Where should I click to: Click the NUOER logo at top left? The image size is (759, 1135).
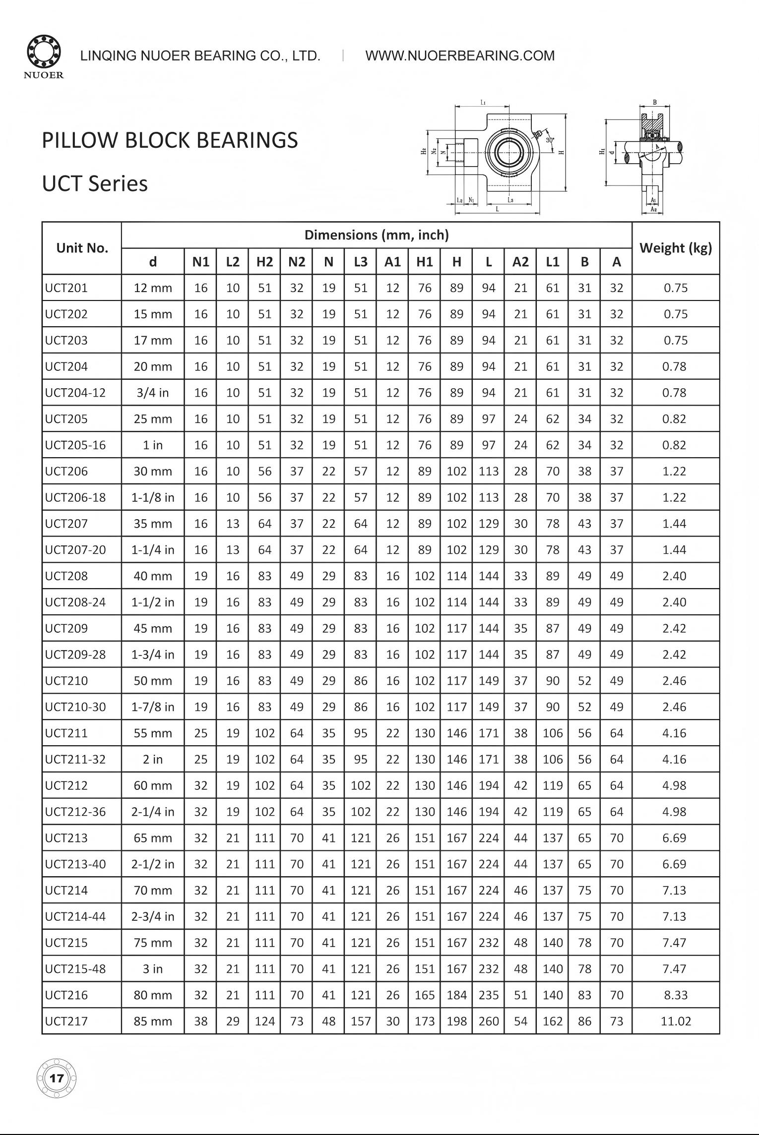pyautogui.click(x=44, y=57)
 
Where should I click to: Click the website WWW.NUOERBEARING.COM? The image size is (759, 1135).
pyautogui.click(x=460, y=56)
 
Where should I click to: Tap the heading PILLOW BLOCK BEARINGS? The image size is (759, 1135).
pyautogui.click(x=170, y=140)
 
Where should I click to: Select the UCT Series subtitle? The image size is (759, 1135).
pyautogui.click(x=95, y=183)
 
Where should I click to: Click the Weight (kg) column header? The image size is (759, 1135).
pyautogui.click(x=675, y=248)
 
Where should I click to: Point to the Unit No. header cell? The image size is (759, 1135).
pyautogui.click(x=82, y=248)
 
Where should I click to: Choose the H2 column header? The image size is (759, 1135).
pyautogui.click(x=264, y=262)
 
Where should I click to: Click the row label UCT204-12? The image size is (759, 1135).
pyautogui.click(x=75, y=393)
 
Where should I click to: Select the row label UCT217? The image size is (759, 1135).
pyautogui.click(x=66, y=1021)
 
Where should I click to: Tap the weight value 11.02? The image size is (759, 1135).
pyautogui.click(x=675, y=1021)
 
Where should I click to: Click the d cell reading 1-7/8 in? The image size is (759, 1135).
pyautogui.click(x=153, y=707)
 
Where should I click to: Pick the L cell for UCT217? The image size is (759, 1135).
pyautogui.click(x=488, y=1021)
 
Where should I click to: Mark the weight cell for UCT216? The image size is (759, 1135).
pyautogui.click(x=675, y=995)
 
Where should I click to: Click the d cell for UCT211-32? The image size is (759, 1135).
pyautogui.click(x=153, y=759)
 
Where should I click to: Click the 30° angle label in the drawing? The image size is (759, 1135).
pyautogui.click(x=550, y=140)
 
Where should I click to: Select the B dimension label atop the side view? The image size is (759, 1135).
pyautogui.click(x=655, y=103)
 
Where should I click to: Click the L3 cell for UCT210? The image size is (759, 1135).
pyautogui.click(x=361, y=681)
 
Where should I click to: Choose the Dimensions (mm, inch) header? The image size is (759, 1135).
pyautogui.click(x=376, y=235)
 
